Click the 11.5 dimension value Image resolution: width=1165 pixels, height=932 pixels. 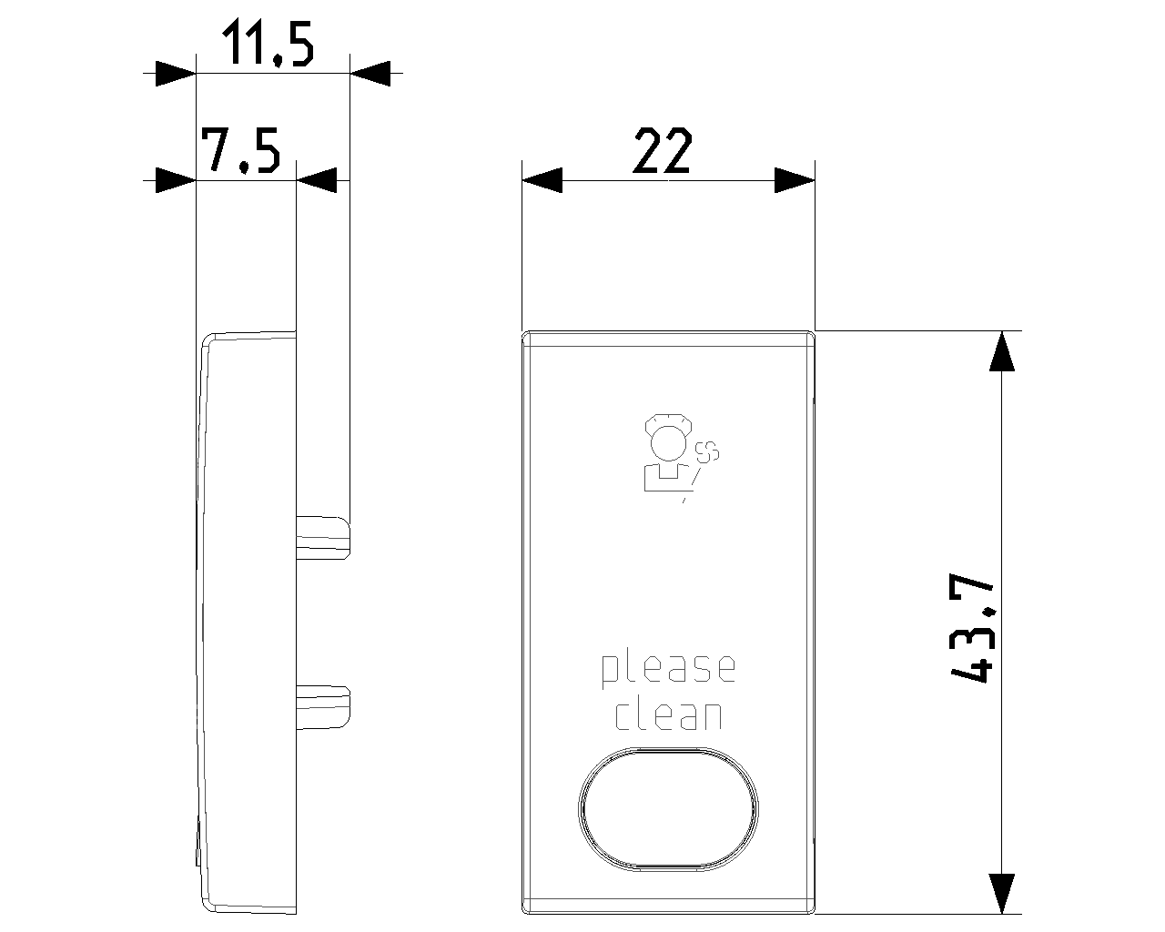268,44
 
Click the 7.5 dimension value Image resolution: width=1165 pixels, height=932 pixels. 240,150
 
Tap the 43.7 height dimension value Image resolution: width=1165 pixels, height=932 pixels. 973,627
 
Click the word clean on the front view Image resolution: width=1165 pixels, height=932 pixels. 669,715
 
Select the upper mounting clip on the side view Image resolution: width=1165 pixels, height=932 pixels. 323,537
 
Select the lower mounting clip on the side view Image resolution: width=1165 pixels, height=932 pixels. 323,707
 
